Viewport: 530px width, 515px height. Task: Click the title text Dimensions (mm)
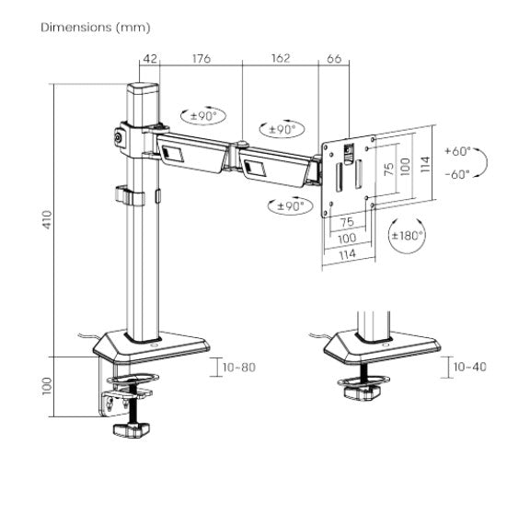tap(96, 28)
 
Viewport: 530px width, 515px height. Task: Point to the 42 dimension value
tap(149, 59)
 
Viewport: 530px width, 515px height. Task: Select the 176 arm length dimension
tap(201, 59)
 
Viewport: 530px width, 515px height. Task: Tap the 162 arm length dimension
tap(281, 59)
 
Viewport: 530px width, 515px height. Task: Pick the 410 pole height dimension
tap(46, 219)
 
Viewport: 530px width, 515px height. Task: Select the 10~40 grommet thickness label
tap(468, 368)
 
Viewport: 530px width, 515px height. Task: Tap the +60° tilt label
tap(456, 150)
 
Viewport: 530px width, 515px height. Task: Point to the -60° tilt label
tap(456, 172)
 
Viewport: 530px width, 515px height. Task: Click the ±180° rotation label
tap(407, 236)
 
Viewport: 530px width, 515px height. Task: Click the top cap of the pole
tap(142, 89)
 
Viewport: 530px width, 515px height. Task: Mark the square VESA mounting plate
tap(350, 175)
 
